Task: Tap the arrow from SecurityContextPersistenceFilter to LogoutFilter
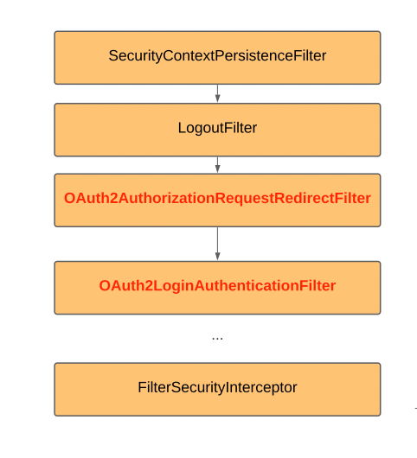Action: click(217, 93)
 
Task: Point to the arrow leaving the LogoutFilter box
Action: click(217, 165)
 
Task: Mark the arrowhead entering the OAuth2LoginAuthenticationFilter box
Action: click(217, 256)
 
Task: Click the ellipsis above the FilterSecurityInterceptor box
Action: click(217, 337)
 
